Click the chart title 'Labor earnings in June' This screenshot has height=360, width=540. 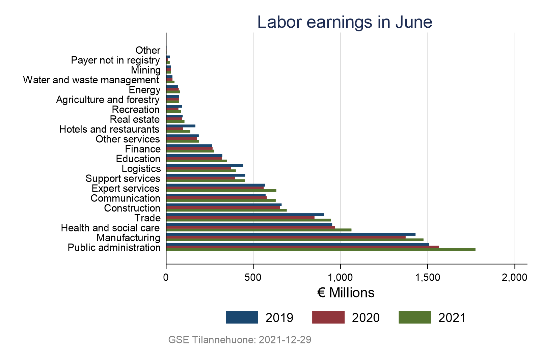point(345,22)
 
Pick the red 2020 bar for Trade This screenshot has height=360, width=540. point(240,217)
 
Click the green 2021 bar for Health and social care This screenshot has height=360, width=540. point(259,230)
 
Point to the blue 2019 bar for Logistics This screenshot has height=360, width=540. point(205,165)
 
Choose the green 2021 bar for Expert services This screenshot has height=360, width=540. point(221,190)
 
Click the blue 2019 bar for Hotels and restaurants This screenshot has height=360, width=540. point(181,126)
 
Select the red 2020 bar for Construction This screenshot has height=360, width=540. point(223,207)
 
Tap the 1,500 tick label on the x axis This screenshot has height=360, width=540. point(428,277)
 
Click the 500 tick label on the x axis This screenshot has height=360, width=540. point(253,277)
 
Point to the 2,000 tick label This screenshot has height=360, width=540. point(514,277)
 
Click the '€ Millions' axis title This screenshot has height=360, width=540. point(346,293)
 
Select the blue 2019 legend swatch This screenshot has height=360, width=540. point(242,317)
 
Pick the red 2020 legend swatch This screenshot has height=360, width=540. point(328,317)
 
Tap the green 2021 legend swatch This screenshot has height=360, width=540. point(415,317)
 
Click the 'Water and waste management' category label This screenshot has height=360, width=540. point(91,80)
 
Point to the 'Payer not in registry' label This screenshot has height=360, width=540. point(115,60)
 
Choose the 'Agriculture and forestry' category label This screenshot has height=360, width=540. point(108,100)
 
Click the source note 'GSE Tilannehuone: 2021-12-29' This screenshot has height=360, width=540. point(240,340)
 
